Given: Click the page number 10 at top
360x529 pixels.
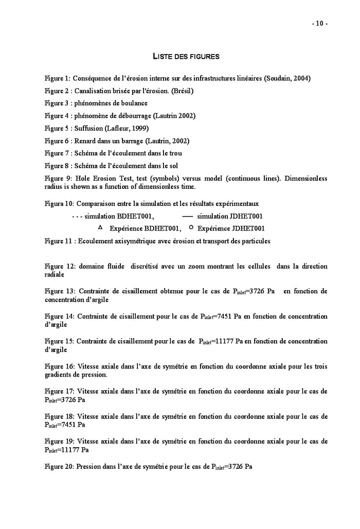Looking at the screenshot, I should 319,24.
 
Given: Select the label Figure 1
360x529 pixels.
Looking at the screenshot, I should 57,78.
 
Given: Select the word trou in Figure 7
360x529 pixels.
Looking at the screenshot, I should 174,153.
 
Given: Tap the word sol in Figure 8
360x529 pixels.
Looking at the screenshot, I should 172,165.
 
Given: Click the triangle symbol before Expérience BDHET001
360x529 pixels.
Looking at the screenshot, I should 100,227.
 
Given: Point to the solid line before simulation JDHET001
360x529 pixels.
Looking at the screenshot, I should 188,216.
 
